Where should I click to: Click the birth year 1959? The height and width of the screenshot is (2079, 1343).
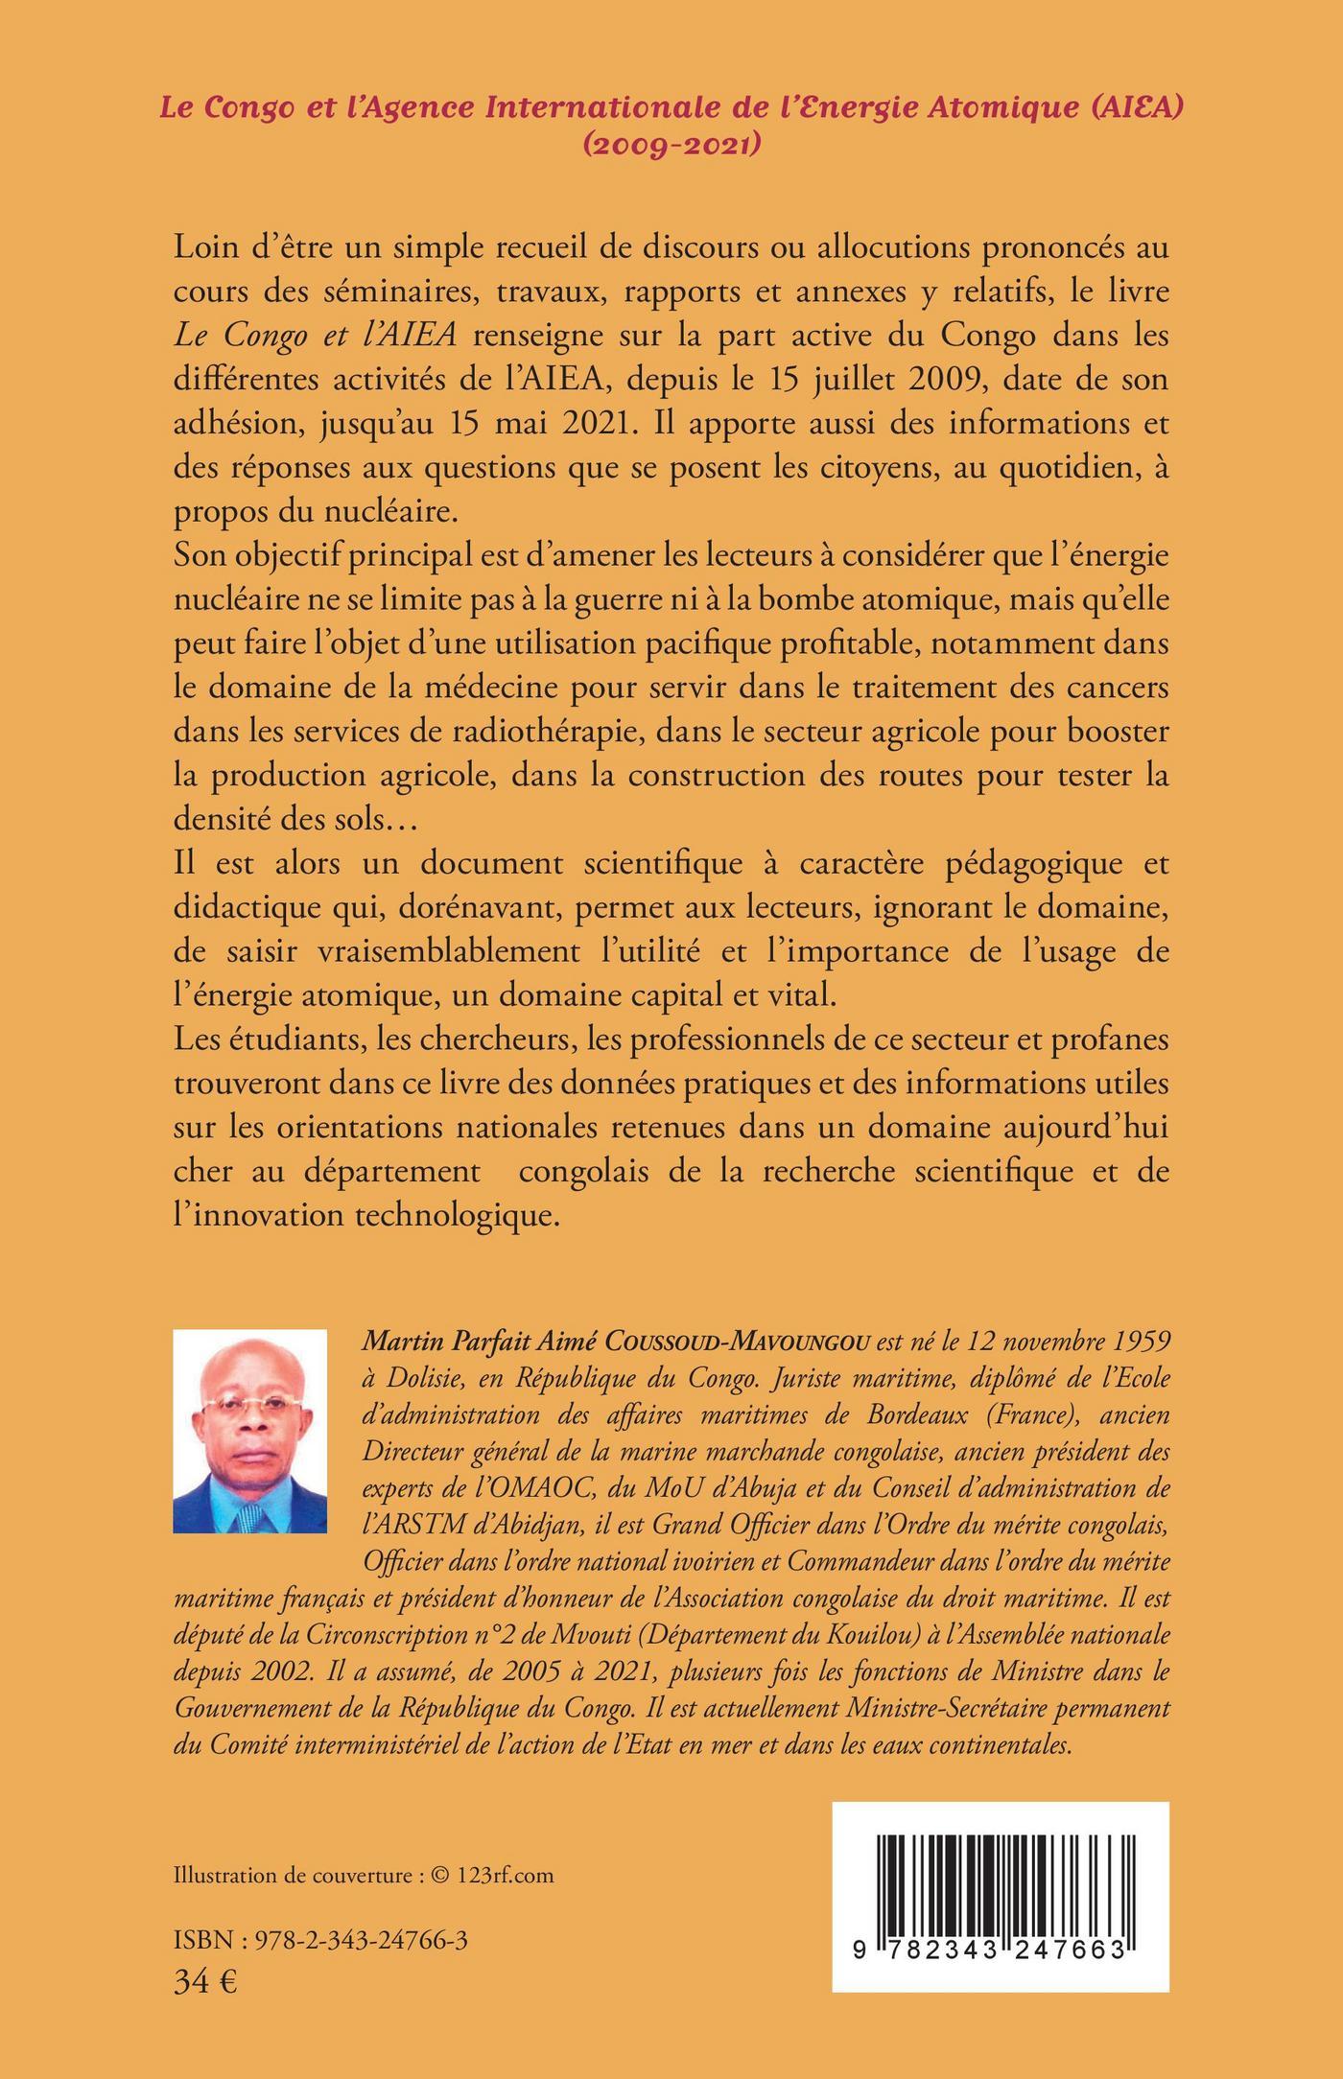pos(1136,1344)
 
